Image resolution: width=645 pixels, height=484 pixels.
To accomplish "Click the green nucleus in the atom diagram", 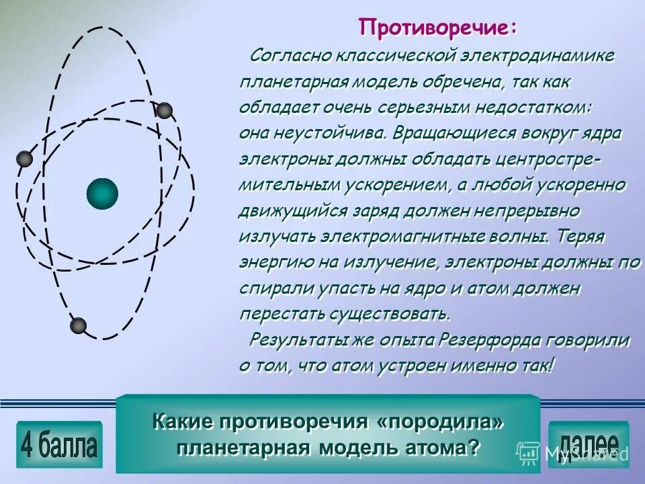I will (x=102, y=194).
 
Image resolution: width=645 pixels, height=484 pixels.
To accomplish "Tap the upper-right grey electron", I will (x=164, y=110).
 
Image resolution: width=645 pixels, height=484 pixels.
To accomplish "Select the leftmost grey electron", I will (x=24, y=159).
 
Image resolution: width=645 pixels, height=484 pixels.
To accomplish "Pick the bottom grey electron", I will (x=79, y=326).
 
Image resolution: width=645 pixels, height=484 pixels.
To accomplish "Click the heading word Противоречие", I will (x=437, y=28).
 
